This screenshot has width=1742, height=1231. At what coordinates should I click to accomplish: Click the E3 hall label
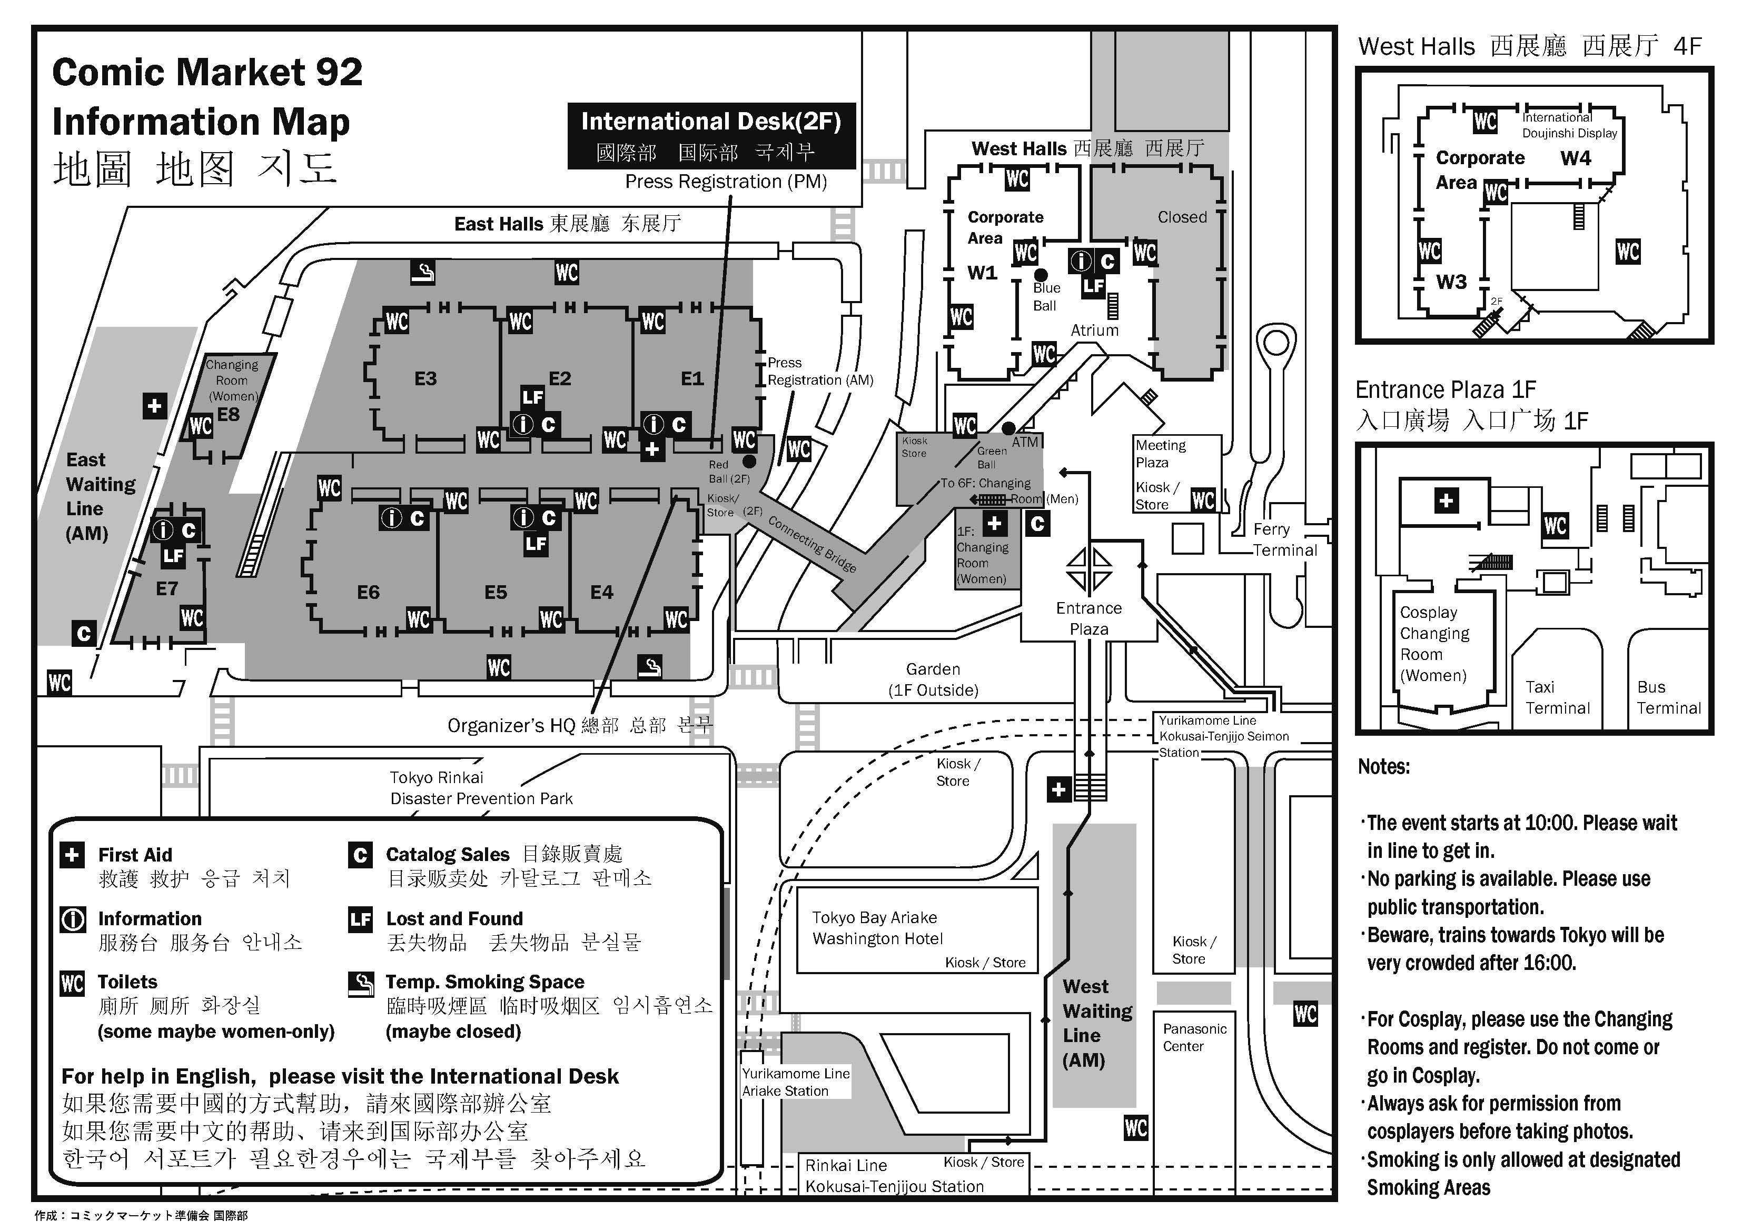click(425, 378)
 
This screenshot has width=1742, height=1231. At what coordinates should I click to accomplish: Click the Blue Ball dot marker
click(1041, 275)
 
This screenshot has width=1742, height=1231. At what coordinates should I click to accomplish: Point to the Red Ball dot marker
click(749, 461)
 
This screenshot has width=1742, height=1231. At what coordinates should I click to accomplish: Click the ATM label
click(1025, 442)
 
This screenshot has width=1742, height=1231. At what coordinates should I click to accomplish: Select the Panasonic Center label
click(1194, 1037)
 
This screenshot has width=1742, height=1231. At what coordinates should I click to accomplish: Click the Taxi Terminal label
click(1557, 697)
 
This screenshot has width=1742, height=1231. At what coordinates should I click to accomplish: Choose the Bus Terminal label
click(1668, 697)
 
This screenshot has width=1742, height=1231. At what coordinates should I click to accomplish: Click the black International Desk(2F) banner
click(711, 136)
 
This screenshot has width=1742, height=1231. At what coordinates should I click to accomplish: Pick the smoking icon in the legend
click(360, 984)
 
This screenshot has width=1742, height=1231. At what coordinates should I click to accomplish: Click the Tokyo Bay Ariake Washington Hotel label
click(877, 928)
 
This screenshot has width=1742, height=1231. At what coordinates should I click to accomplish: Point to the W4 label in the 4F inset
click(1575, 158)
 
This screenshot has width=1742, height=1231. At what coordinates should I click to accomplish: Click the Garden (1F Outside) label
click(933, 679)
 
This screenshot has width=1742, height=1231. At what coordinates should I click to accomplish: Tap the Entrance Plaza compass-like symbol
click(1090, 569)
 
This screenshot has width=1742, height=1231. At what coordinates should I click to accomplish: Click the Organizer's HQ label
click(580, 725)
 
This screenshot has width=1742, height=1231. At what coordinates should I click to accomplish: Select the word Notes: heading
click(1384, 767)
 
